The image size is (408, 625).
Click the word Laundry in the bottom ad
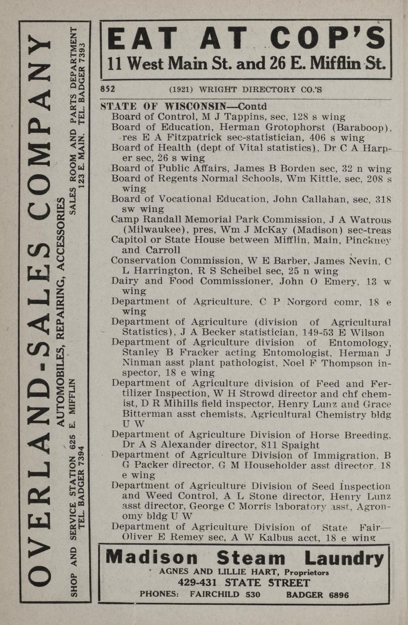344,558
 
